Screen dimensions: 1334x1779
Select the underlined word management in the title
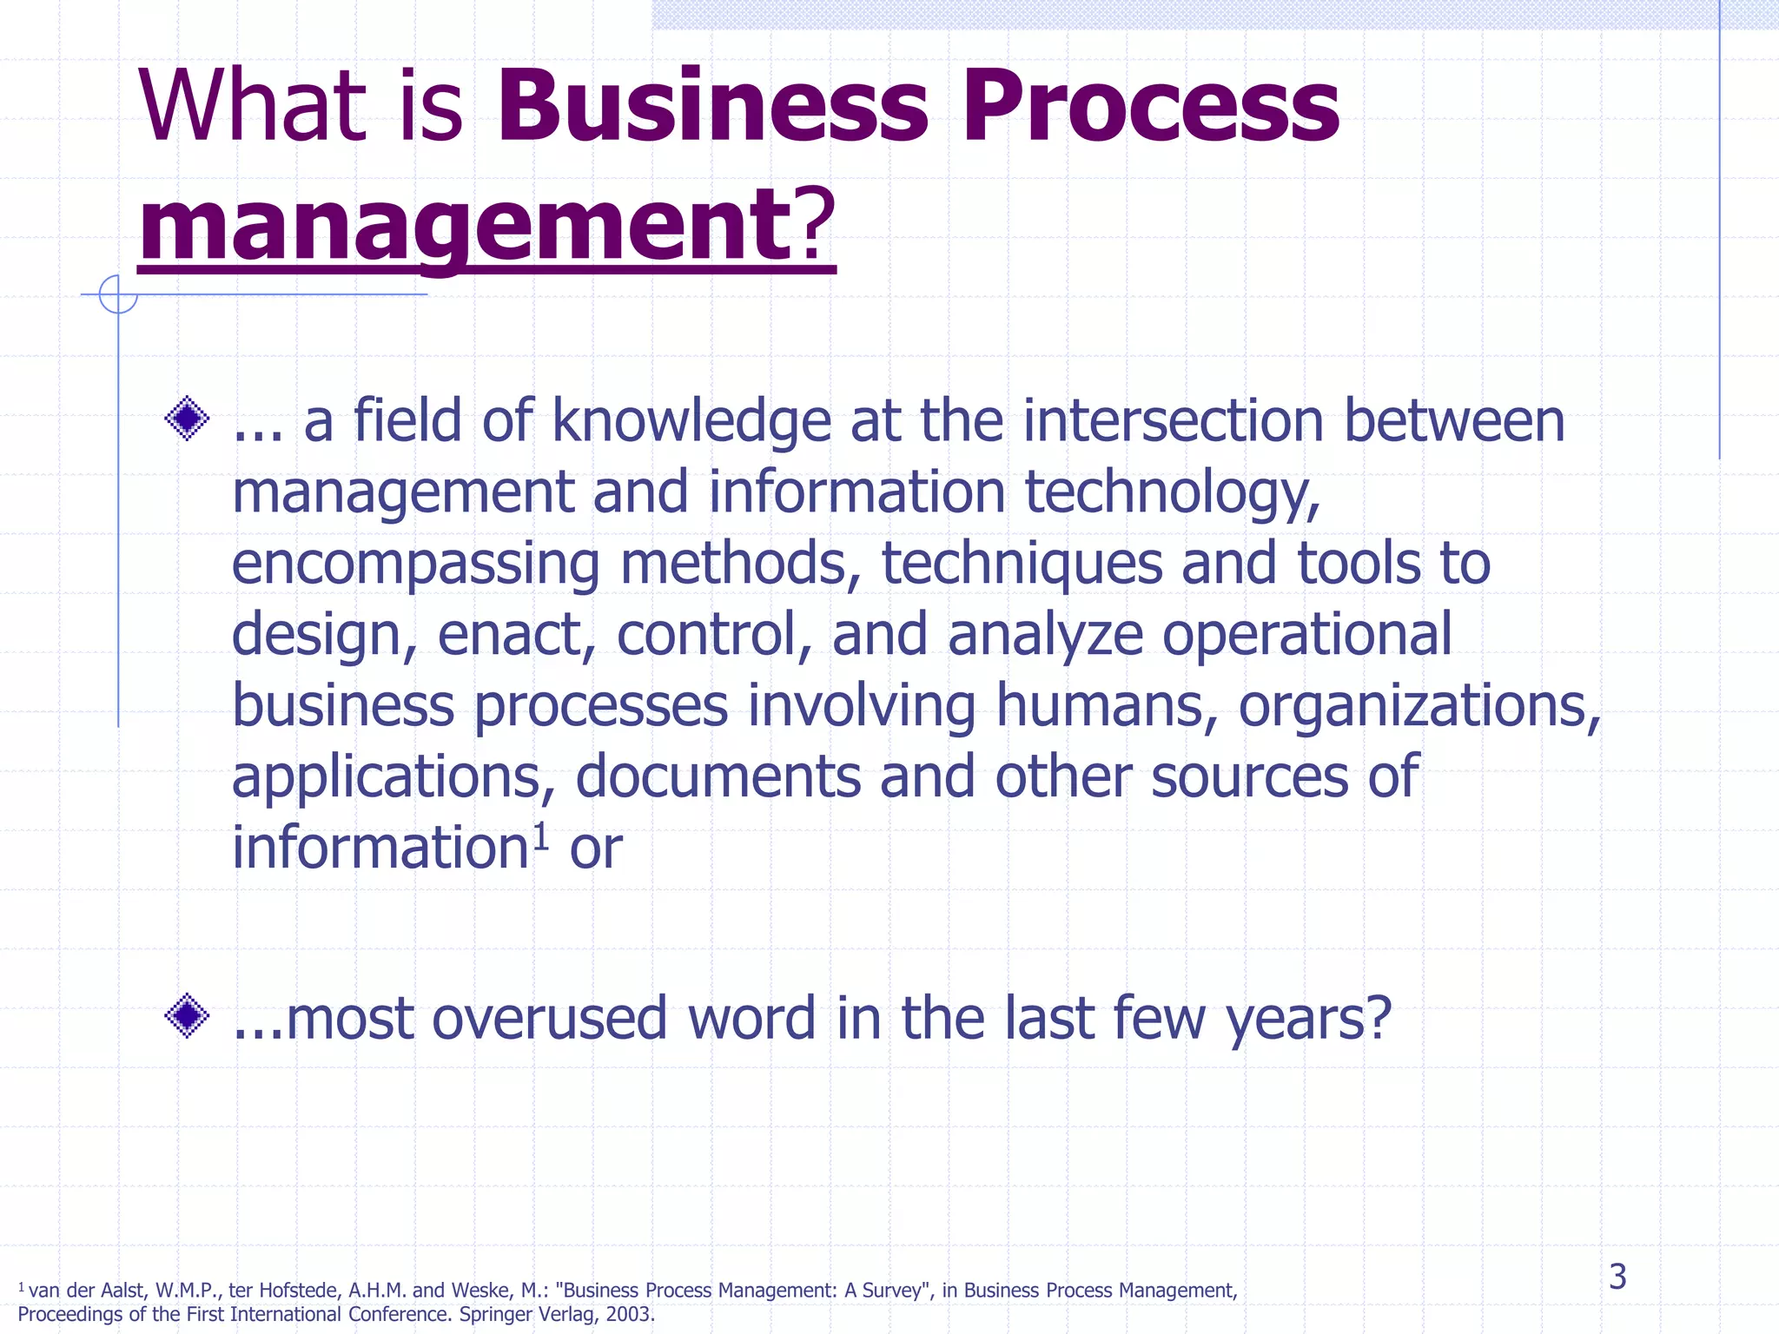coord(463,226)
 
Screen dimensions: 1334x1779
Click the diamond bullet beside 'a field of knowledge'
coord(187,419)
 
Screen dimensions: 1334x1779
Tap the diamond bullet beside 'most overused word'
coord(187,1015)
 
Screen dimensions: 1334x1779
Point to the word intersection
coord(1173,421)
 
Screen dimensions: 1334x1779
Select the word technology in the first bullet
coord(1173,492)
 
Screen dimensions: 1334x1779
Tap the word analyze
coord(1045,635)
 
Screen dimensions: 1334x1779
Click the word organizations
coord(1419,705)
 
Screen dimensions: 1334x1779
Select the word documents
coord(718,776)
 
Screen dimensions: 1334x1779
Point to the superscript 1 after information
coord(540,836)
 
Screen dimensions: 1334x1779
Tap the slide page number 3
coord(1617,1277)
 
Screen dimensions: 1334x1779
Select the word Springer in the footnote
coord(493,1314)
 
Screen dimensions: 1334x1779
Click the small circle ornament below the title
coord(118,294)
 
